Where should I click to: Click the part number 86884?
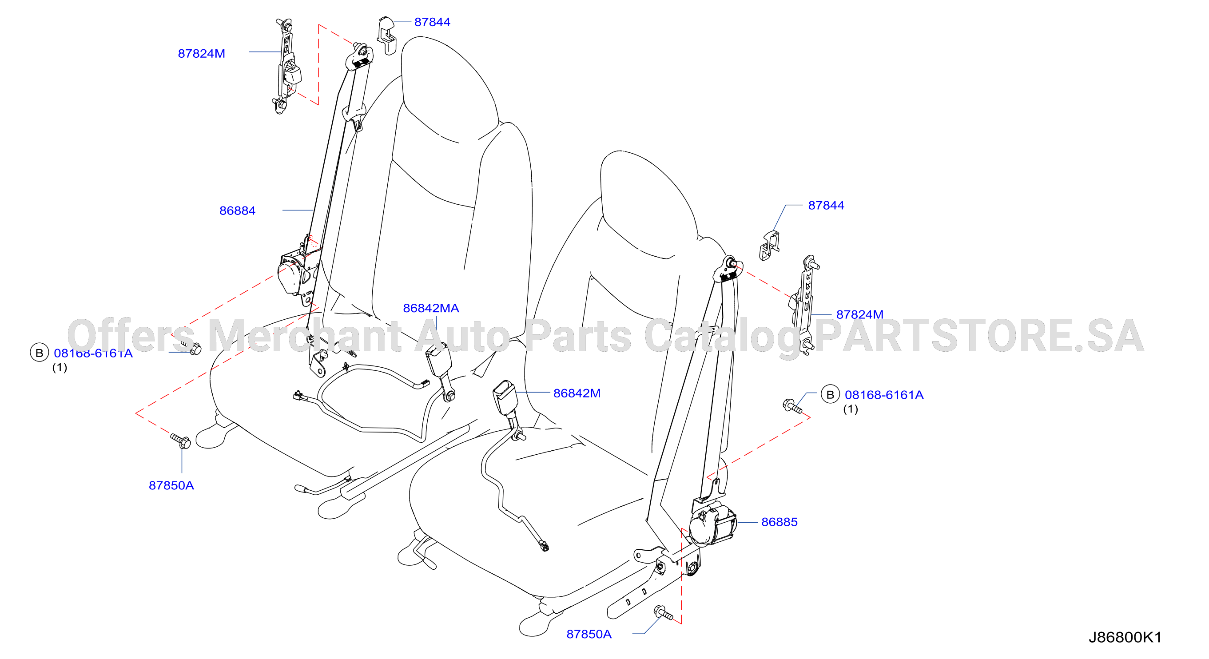[x=237, y=211]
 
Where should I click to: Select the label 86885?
[x=779, y=522]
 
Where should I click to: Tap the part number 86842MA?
[x=431, y=308]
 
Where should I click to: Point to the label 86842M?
[x=577, y=393]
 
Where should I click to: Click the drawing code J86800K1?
[x=1125, y=637]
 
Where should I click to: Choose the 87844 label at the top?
[x=432, y=22]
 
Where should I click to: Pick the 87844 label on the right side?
[x=826, y=206]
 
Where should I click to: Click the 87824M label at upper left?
[x=201, y=53]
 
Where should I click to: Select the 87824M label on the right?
[x=860, y=314]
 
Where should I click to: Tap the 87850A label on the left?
[x=171, y=485]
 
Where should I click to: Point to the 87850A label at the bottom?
[x=589, y=634]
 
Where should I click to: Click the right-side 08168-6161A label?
[x=884, y=395]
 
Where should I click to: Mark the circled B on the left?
[x=40, y=353]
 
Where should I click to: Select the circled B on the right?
[x=830, y=395]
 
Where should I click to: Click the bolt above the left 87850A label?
[x=181, y=441]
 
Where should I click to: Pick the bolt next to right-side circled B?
[x=792, y=406]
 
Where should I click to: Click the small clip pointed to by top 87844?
[x=387, y=35]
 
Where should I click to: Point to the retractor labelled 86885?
[x=712, y=524]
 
